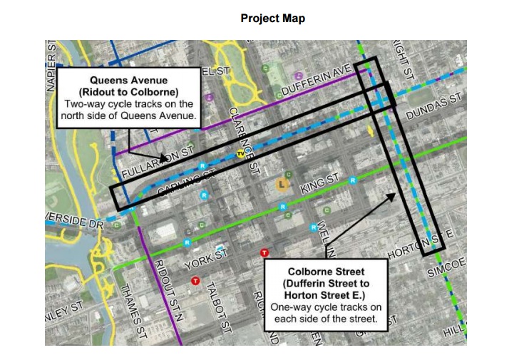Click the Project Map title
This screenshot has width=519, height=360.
[272, 19]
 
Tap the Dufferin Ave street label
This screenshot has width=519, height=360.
[314, 79]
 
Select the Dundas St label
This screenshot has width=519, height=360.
[434, 107]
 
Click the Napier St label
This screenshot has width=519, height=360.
[51, 65]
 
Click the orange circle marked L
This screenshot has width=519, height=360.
[283, 185]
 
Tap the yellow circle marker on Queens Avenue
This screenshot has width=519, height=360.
[241, 153]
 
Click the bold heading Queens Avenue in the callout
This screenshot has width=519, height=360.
[129, 81]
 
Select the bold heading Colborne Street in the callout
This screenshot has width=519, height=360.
[326, 272]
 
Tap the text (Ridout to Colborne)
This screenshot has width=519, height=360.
[129, 92]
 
